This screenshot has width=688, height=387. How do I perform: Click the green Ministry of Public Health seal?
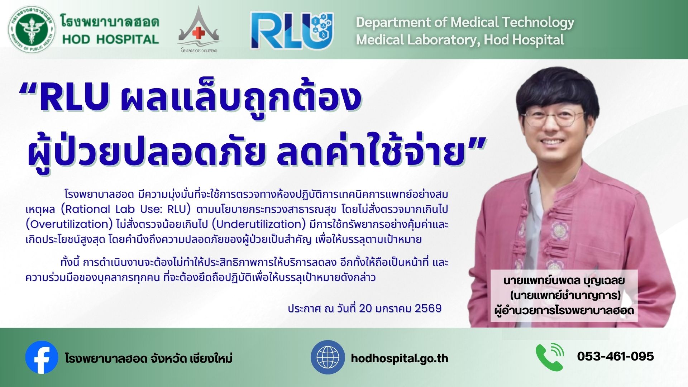click(32, 30)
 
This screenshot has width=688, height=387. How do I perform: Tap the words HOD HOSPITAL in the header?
click(110, 39)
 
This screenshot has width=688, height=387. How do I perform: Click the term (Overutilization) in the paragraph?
click(70, 224)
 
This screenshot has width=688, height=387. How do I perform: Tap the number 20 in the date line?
click(365, 309)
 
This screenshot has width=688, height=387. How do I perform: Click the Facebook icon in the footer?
click(42, 357)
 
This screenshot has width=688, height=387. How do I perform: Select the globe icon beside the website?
click(328, 357)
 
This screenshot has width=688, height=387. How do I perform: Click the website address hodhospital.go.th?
click(400, 358)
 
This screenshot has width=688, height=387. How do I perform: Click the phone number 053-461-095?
click(616, 357)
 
